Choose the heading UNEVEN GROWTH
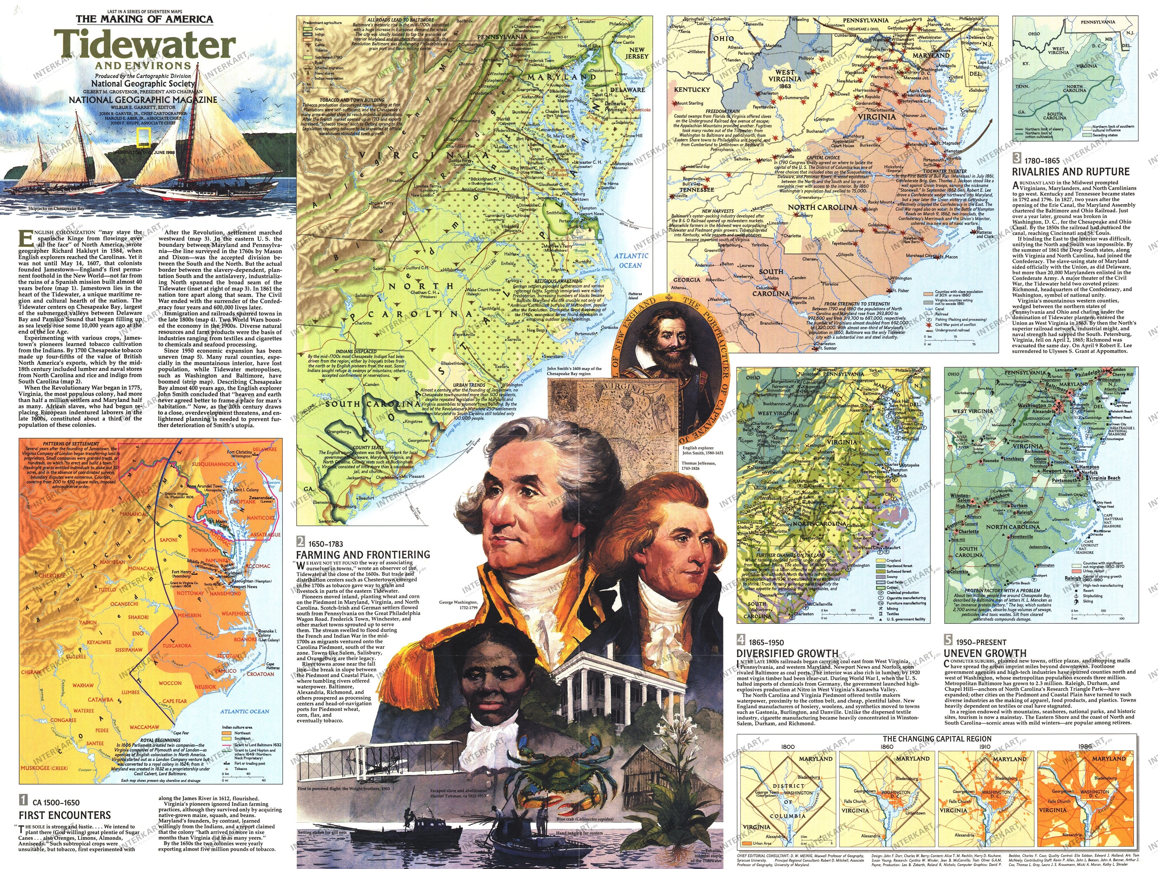point(984,653)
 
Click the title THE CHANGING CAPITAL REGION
point(937,739)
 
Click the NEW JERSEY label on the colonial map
point(636,53)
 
